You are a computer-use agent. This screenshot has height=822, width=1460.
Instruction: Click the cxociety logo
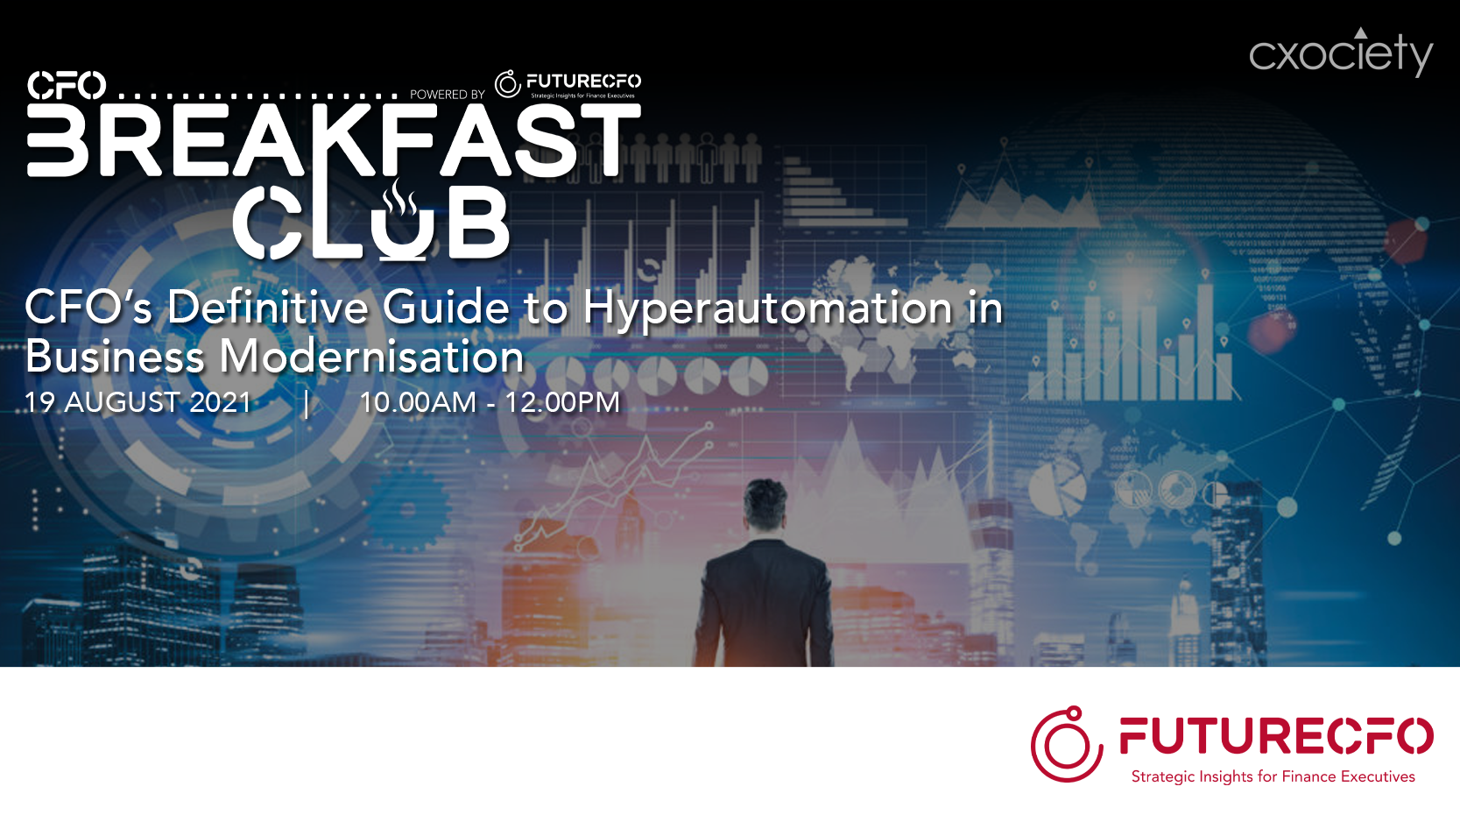pyautogui.click(x=1341, y=53)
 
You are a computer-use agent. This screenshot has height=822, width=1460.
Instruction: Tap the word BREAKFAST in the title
pyautogui.click(x=334, y=140)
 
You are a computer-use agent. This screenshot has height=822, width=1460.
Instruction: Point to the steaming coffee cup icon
pyautogui.click(x=401, y=221)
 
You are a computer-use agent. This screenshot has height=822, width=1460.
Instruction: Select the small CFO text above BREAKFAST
pyautogui.click(x=66, y=85)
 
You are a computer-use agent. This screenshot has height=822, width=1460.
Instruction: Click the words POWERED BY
pyautogui.click(x=448, y=95)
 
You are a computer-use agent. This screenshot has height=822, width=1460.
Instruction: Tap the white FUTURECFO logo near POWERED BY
pyautogui.click(x=568, y=84)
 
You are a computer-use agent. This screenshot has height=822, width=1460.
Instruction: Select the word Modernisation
pyautogui.click(x=370, y=357)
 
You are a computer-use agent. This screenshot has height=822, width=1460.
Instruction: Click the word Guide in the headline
pyautogui.click(x=446, y=307)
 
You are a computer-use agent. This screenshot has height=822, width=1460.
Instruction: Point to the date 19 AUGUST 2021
pyautogui.click(x=138, y=402)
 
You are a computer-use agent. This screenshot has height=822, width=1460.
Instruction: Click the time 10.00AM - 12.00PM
pyautogui.click(x=490, y=402)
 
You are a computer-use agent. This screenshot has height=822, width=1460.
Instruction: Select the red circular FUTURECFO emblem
pyautogui.click(x=1067, y=744)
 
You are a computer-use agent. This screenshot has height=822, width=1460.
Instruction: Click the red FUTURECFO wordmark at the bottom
pyautogui.click(x=1276, y=735)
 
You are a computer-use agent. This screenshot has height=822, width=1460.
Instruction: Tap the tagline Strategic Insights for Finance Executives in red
pyautogui.click(x=1273, y=776)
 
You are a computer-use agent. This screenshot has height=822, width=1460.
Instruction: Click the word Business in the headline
pyautogui.click(x=115, y=357)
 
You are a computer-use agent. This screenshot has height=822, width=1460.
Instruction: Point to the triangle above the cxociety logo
pyautogui.click(x=1360, y=32)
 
